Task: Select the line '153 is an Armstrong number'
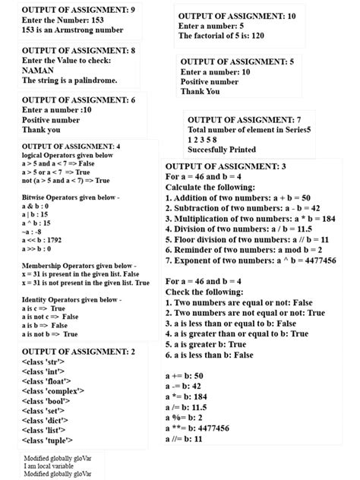click(73, 30)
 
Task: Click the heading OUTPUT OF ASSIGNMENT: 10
click(237, 16)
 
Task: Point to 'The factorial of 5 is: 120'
click(232, 36)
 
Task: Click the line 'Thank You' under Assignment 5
click(200, 92)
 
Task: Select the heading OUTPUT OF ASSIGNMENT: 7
click(245, 120)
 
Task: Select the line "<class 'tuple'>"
click(47, 440)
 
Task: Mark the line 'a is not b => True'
click(50, 333)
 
